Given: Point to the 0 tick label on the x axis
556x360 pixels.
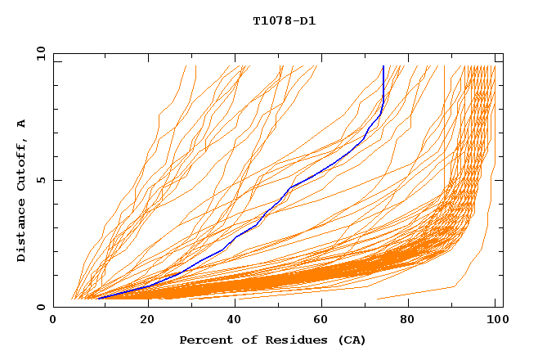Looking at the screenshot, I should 54,320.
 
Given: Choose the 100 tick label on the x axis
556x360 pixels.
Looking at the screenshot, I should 495,320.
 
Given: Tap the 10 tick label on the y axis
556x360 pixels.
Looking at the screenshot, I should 38,53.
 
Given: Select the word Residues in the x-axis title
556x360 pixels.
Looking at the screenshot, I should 276,340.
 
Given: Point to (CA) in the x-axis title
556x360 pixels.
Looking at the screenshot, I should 336,340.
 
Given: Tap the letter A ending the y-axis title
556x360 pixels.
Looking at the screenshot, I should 21,123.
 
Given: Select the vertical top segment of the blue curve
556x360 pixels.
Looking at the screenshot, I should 383,82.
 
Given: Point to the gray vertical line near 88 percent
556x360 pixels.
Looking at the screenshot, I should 445,123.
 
